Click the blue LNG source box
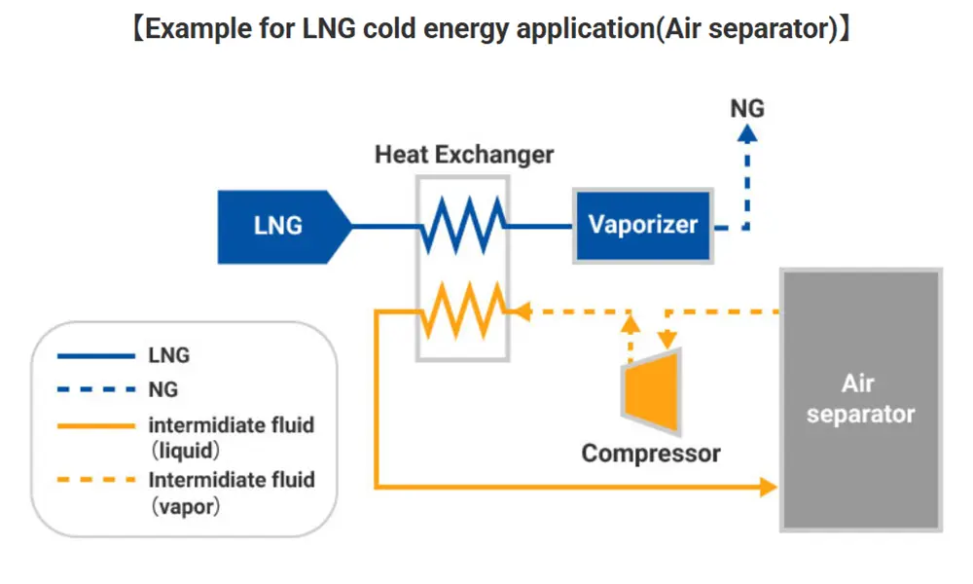(x=277, y=227)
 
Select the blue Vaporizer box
(x=643, y=226)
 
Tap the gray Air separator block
(x=860, y=400)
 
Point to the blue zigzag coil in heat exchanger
(x=463, y=225)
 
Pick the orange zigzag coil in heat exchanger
(x=463, y=310)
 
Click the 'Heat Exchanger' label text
(x=464, y=155)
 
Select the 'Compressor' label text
(x=651, y=453)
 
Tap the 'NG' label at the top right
(x=746, y=108)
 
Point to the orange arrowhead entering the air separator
(x=769, y=485)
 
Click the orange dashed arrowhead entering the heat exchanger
(x=520, y=311)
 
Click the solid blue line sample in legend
(x=93, y=355)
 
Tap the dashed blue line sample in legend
(x=93, y=390)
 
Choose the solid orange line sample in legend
(x=93, y=425)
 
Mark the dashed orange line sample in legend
(x=93, y=480)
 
